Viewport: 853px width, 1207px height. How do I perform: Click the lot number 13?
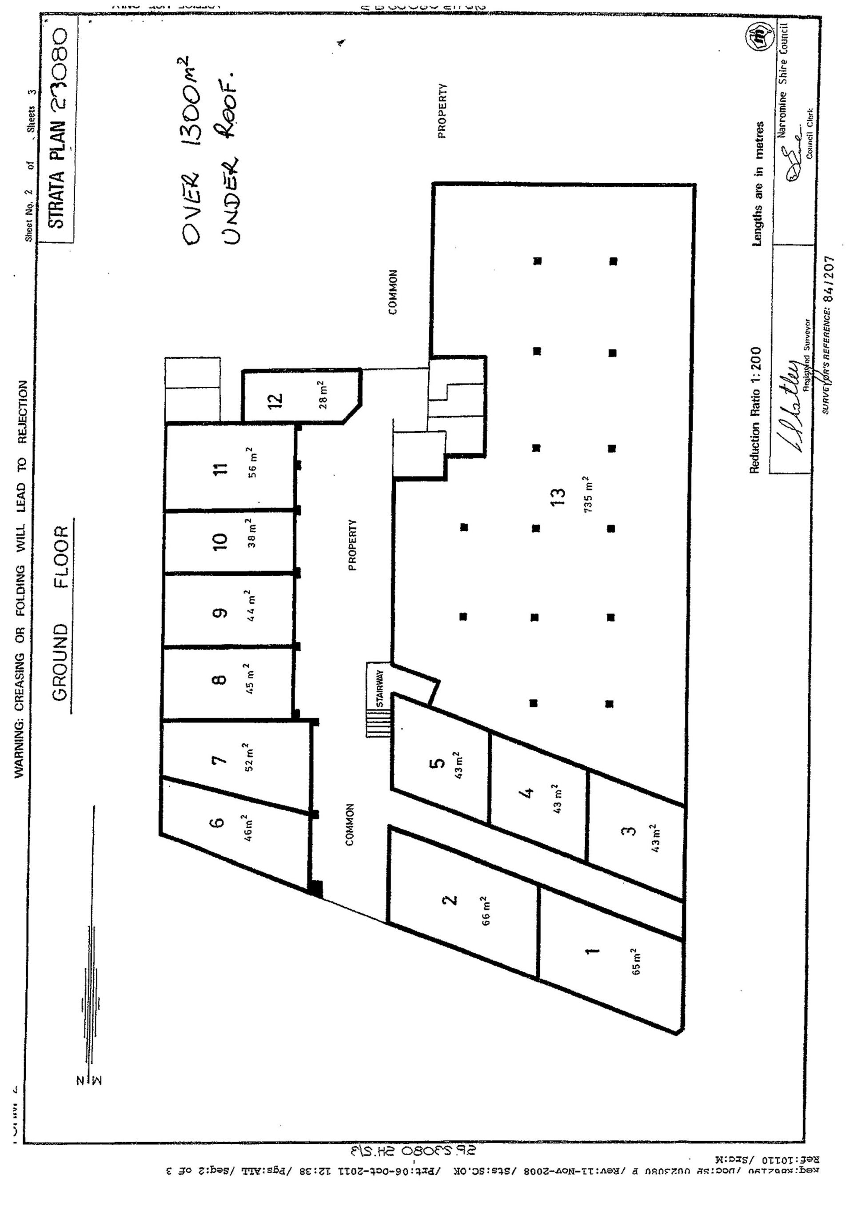tap(560, 495)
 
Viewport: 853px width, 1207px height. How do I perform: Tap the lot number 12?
tap(276, 400)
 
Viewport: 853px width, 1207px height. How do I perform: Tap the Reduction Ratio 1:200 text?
tap(755, 409)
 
